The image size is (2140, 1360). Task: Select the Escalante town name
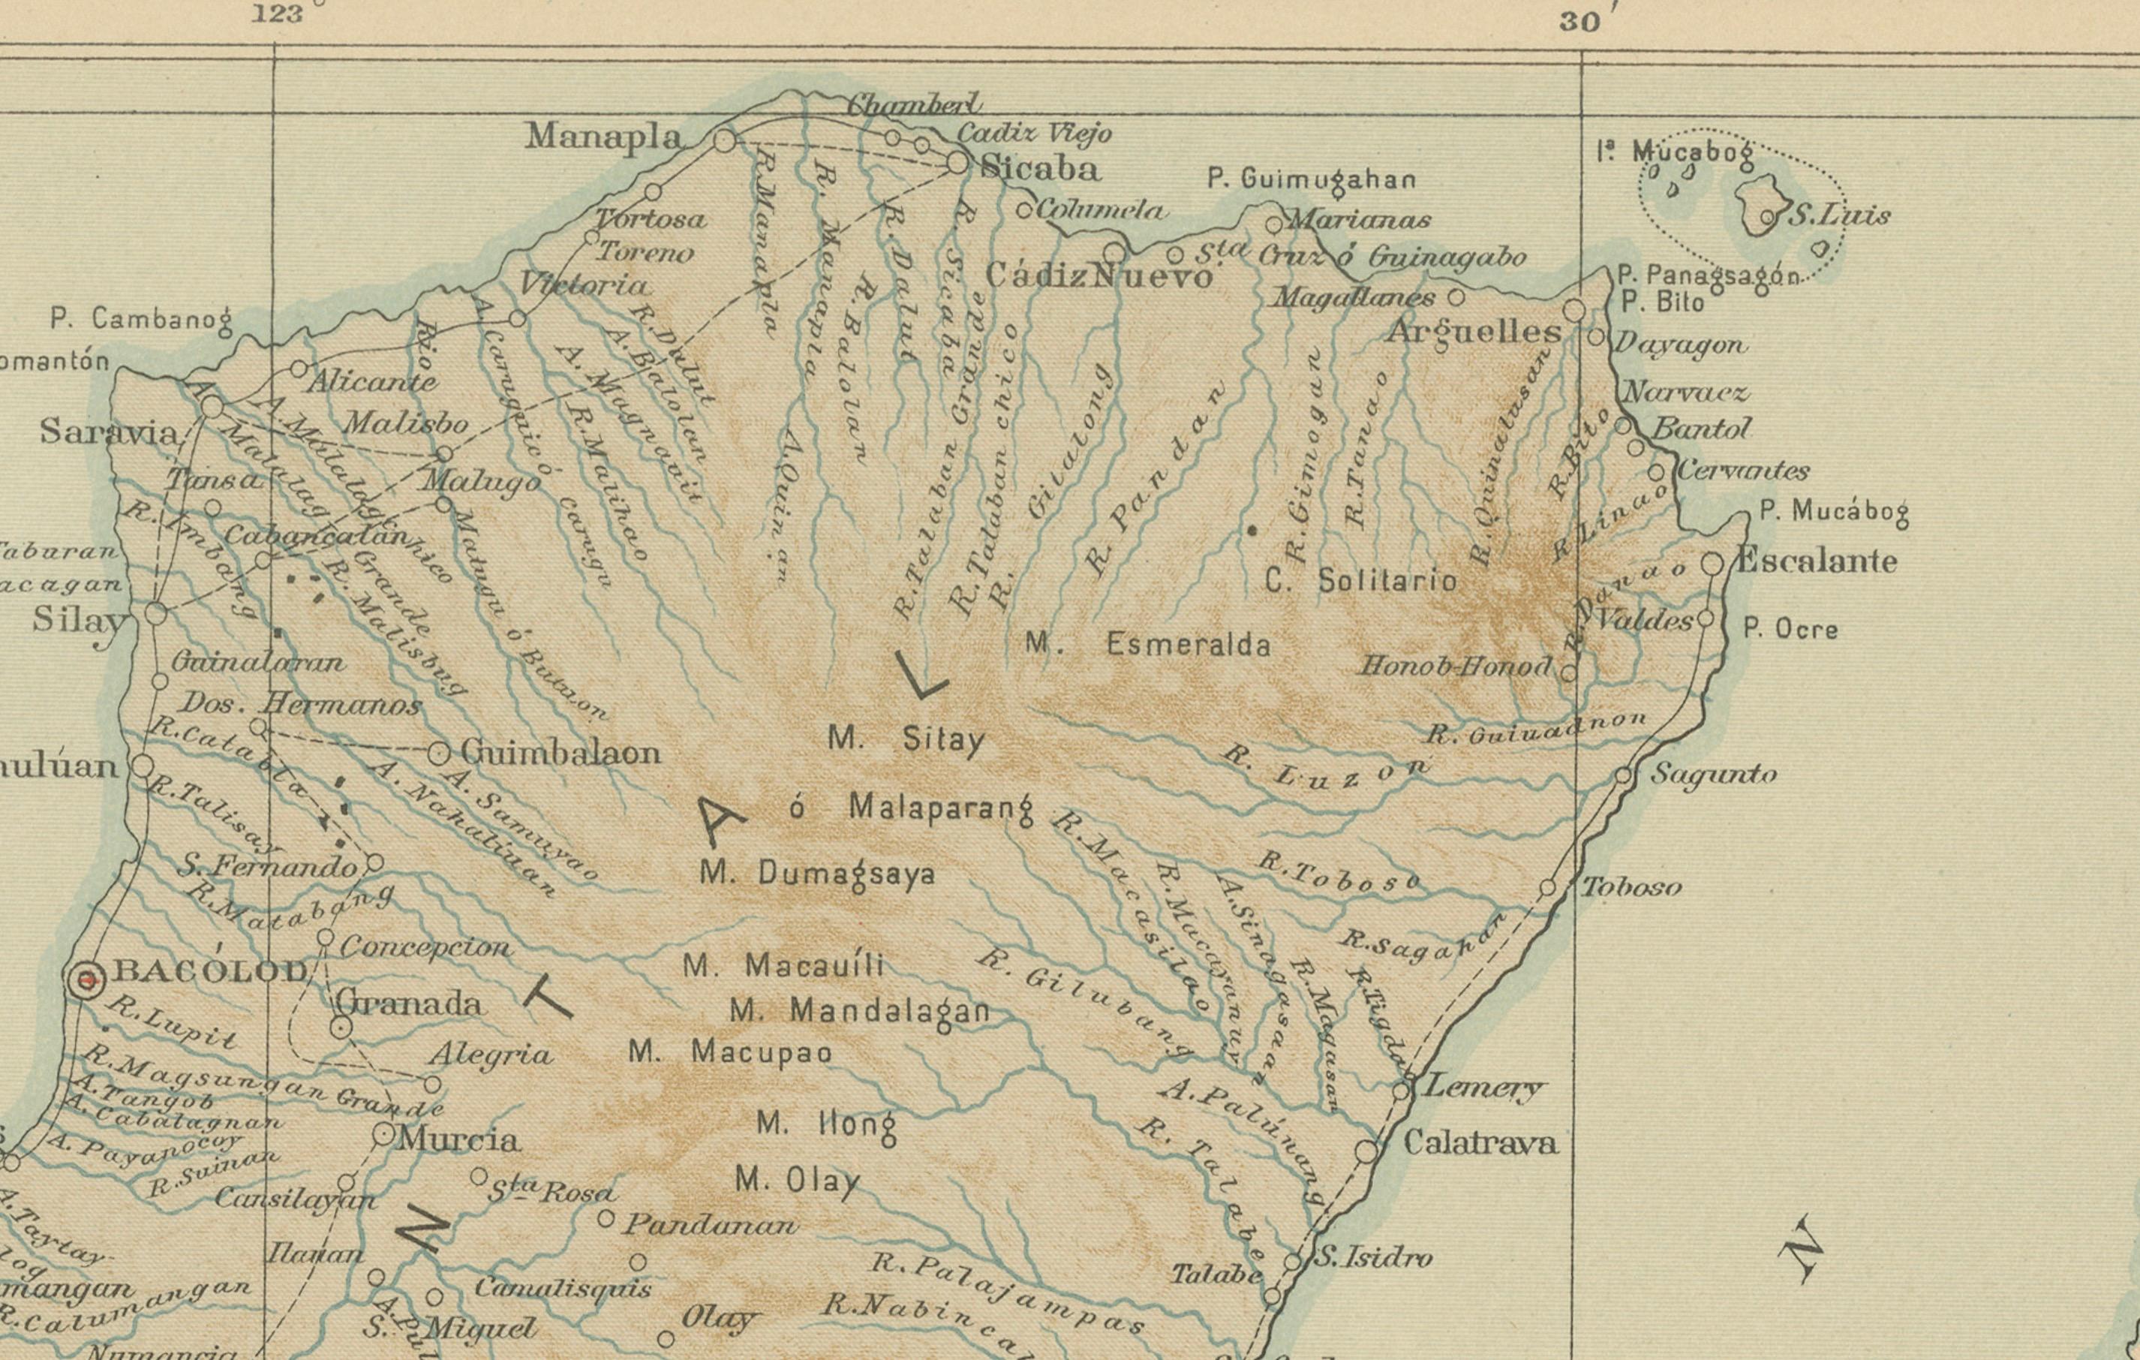pyautogui.click(x=1816, y=561)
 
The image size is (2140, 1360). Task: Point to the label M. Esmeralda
pyautogui.click(x=1147, y=643)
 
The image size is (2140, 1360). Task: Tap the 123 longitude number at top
pyautogui.click(x=276, y=14)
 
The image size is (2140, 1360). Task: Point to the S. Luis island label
pyautogui.click(x=1838, y=216)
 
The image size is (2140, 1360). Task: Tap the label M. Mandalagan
pyautogui.click(x=858, y=1012)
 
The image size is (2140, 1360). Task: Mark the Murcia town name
pyautogui.click(x=458, y=1139)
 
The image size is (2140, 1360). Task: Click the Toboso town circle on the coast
pyautogui.click(x=1547, y=888)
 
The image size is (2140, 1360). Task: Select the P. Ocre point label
pyautogui.click(x=1790, y=629)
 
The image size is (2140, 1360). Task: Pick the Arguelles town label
pyautogui.click(x=1474, y=332)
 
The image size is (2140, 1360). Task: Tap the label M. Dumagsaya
pyautogui.click(x=818, y=874)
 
